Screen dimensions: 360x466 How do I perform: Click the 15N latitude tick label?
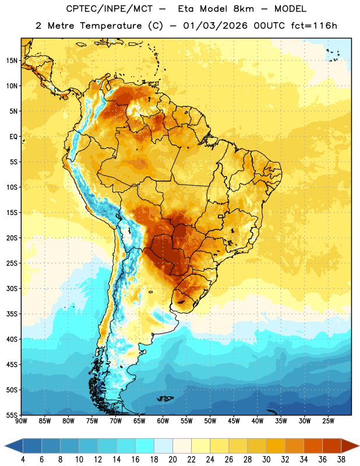tap(12, 61)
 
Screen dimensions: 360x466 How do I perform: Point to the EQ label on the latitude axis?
tap(13, 137)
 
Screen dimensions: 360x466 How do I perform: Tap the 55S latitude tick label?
tap(12, 415)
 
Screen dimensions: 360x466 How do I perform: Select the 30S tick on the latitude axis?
tap(12, 288)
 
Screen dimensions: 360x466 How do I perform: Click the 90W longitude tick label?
tap(21, 421)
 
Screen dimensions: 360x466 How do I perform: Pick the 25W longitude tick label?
tap(328, 421)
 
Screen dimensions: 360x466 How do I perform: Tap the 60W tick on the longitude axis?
tap(163, 421)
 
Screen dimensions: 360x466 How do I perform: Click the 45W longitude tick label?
tap(234, 421)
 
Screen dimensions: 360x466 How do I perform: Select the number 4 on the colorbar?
tap(23, 460)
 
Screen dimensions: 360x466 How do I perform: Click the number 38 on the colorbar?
tap(341, 460)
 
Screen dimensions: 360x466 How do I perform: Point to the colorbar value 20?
tap(172, 460)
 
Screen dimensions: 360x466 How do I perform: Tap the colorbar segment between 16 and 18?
tap(145, 446)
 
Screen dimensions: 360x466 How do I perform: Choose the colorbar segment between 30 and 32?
tap(276, 446)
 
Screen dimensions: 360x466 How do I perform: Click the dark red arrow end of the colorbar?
tap(350, 446)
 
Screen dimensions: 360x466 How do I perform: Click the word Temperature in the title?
tap(111, 26)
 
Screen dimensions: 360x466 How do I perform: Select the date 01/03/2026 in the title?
tap(215, 26)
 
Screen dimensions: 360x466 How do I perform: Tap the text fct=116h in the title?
tap(313, 26)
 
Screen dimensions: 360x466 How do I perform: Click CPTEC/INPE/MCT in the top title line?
tap(110, 9)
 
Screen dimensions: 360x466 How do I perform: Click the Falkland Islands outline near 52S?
tap(165, 398)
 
